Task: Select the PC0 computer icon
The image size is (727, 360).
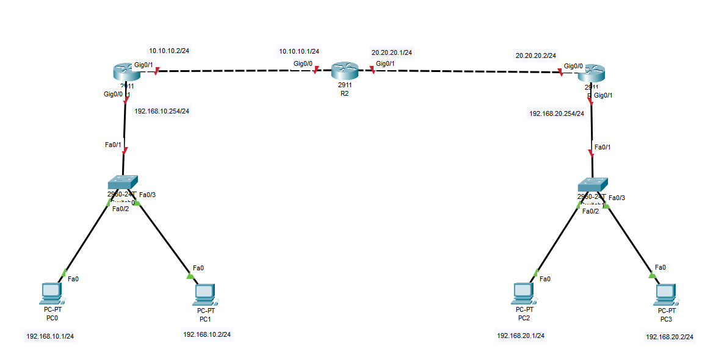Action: (x=50, y=293)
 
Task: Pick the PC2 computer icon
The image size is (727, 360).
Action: (x=523, y=293)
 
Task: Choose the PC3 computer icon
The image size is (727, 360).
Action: (x=665, y=294)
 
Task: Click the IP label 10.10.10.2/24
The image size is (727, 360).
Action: (x=169, y=51)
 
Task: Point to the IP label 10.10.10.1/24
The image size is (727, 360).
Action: (x=299, y=52)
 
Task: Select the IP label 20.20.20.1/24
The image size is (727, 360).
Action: (x=392, y=52)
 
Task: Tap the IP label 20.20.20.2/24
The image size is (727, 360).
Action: (x=536, y=56)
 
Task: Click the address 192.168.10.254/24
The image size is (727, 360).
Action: (x=162, y=111)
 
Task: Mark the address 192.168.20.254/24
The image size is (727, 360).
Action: (x=557, y=113)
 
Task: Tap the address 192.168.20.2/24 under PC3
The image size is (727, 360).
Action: (x=670, y=336)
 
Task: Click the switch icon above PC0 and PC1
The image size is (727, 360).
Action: (x=123, y=183)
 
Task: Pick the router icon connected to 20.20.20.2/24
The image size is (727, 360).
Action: (x=590, y=74)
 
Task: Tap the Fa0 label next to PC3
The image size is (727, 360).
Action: (x=660, y=267)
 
